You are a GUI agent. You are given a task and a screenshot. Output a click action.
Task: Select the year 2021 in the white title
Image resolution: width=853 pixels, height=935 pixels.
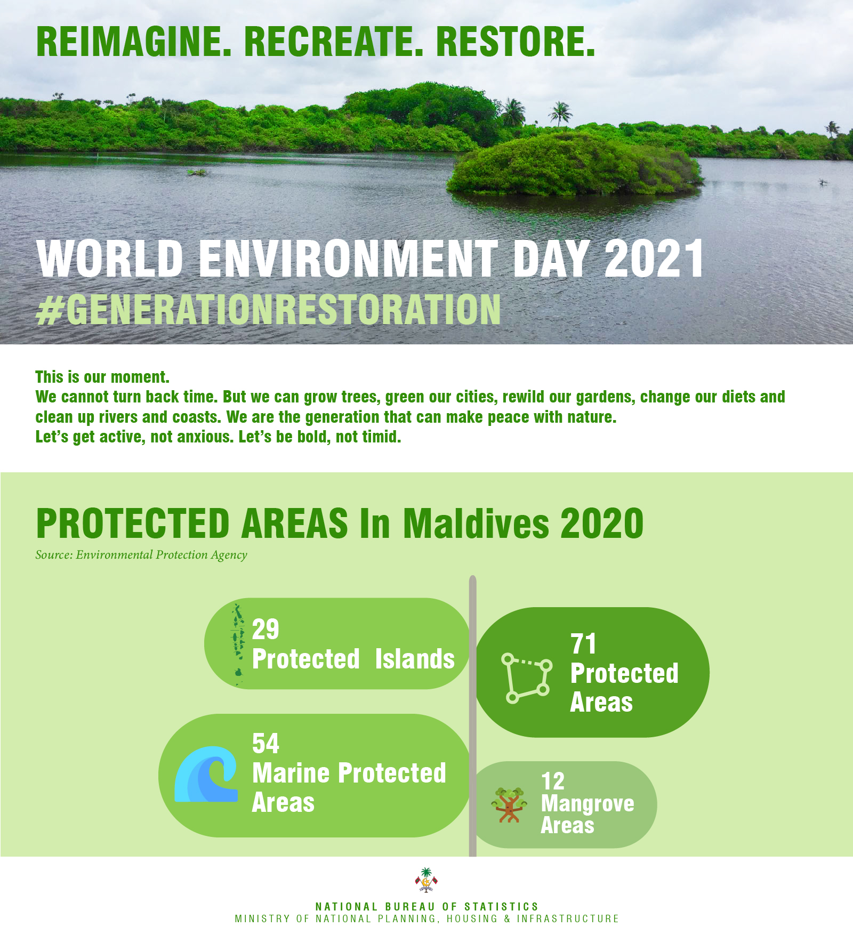(654, 259)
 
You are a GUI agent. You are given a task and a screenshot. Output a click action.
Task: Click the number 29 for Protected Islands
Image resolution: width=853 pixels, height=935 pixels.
(265, 630)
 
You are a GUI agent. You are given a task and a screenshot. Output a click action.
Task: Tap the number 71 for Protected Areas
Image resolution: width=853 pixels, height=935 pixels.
(583, 644)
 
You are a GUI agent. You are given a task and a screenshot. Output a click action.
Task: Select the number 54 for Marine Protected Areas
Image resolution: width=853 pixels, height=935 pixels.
(265, 744)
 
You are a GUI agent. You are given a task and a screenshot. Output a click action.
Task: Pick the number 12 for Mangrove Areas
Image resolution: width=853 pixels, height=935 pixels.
(553, 781)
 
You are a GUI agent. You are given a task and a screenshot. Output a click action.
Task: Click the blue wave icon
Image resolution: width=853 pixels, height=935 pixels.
(206, 774)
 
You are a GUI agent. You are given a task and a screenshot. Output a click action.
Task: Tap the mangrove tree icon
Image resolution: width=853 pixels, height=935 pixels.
(510, 805)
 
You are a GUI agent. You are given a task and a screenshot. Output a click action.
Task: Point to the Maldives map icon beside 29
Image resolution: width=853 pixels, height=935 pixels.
(238, 644)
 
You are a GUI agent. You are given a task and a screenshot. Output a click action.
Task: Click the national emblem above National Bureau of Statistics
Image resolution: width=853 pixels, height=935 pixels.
(426, 880)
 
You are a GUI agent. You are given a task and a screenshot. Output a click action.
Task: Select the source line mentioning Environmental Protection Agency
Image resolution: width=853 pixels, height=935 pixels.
(141, 555)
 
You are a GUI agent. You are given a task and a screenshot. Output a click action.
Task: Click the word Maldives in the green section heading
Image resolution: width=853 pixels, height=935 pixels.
(476, 523)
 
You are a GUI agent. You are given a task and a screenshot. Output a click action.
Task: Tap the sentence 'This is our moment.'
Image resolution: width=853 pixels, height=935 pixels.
(102, 377)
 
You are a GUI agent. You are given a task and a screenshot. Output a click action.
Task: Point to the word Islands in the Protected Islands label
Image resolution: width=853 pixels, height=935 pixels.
(415, 659)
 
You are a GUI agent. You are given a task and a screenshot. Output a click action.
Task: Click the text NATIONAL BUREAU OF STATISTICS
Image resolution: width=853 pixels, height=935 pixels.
(427, 907)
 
